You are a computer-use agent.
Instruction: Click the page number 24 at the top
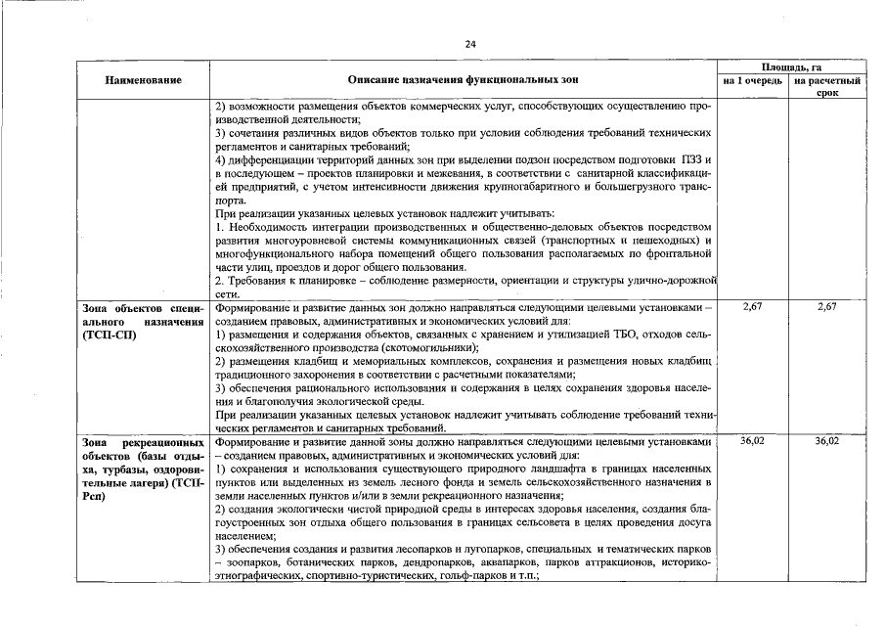click(x=469, y=44)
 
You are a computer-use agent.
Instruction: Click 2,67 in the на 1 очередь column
click(x=752, y=307)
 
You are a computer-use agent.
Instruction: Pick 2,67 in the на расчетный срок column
click(x=827, y=307)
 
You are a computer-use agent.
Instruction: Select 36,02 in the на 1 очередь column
click(x=752, y=442)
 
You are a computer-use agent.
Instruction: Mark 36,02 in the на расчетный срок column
click(x=827, y=442)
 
